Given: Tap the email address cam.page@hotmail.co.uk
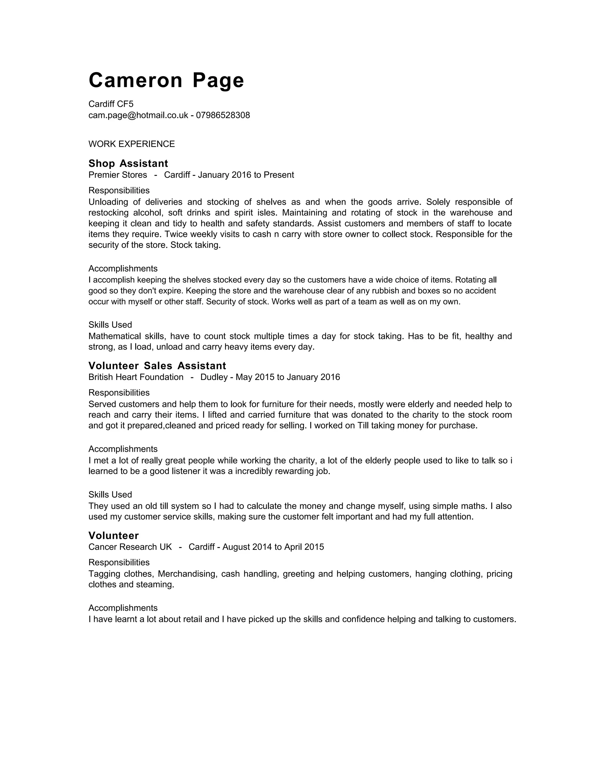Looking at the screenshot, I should click(x=138, y=115).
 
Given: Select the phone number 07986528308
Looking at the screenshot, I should click(x=223, y=115).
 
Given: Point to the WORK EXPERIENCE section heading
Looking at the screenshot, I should click(x=131, y=144).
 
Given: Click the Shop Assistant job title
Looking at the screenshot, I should click(x=128, y=164).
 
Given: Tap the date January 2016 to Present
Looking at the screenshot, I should click(x=246, y=175).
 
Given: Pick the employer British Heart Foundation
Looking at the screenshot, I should click(x=136, y=377).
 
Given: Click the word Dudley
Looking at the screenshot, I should click(x=214, y=377).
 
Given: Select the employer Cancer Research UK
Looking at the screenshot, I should click(x=130, y=547).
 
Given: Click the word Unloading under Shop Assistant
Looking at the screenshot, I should click(x=108, y=202).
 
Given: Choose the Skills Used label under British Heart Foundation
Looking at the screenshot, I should click(x=110, y=495).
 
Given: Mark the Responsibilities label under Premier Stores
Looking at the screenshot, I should click(x=119, y=190).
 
